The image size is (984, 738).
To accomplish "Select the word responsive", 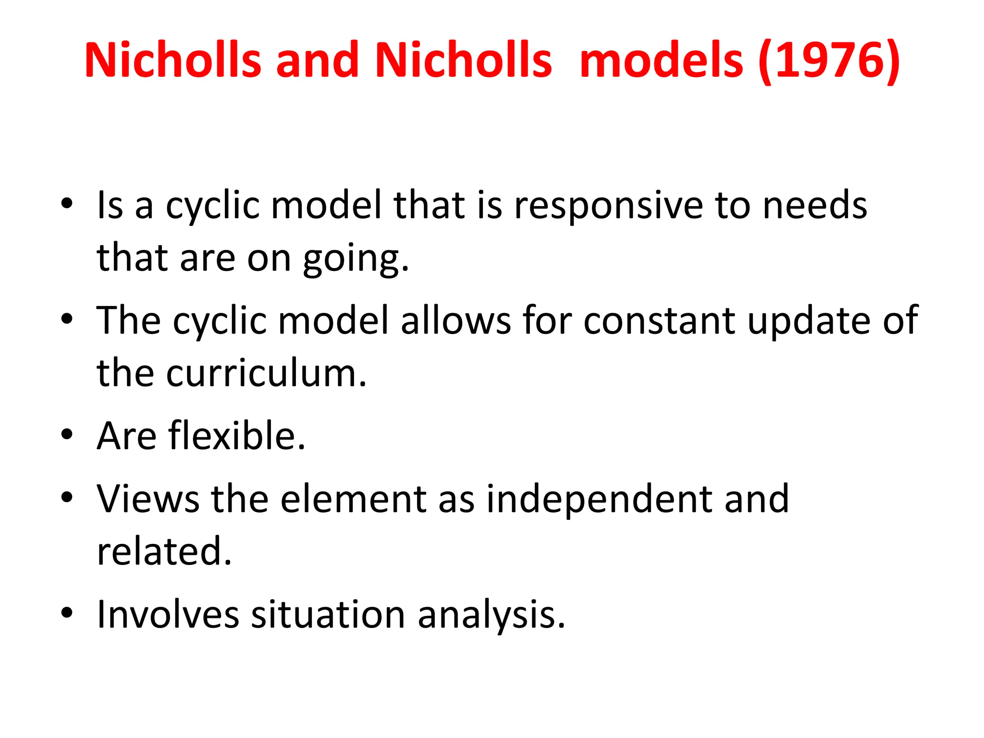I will pos(608,206).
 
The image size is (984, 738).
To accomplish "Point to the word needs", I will pos(815,206).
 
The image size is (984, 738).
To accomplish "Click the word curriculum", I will pos(267,373).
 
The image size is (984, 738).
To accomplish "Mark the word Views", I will pos(148,499).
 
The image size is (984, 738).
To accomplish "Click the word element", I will pos(353,499).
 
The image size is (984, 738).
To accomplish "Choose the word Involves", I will pos(168,615).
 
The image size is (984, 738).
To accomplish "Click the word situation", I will pos(328,615).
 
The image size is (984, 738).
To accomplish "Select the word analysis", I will pos(492,615).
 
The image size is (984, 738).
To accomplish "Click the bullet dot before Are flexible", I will pos(67,435).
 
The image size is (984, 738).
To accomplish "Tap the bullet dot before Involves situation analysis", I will pos(67,613).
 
